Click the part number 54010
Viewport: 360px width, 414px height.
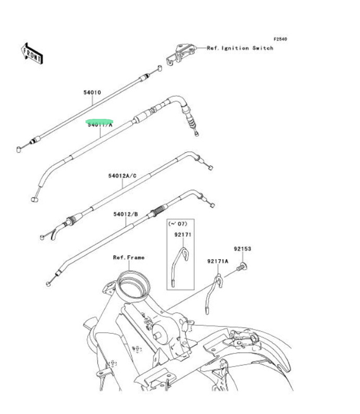(92, 93)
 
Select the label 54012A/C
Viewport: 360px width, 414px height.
(122, 176)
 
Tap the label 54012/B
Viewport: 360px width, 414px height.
(126, 214)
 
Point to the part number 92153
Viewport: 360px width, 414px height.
(242, 249)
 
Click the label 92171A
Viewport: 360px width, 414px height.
(218, 261)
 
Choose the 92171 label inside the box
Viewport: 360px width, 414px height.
(183, 235)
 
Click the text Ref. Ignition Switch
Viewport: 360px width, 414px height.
(240, 48)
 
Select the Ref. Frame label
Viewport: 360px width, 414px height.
(129, 257)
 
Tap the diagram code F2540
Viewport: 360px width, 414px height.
(281, 39)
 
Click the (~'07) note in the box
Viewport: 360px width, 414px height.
(177, 224)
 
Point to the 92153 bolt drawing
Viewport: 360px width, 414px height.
(242, 267)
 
